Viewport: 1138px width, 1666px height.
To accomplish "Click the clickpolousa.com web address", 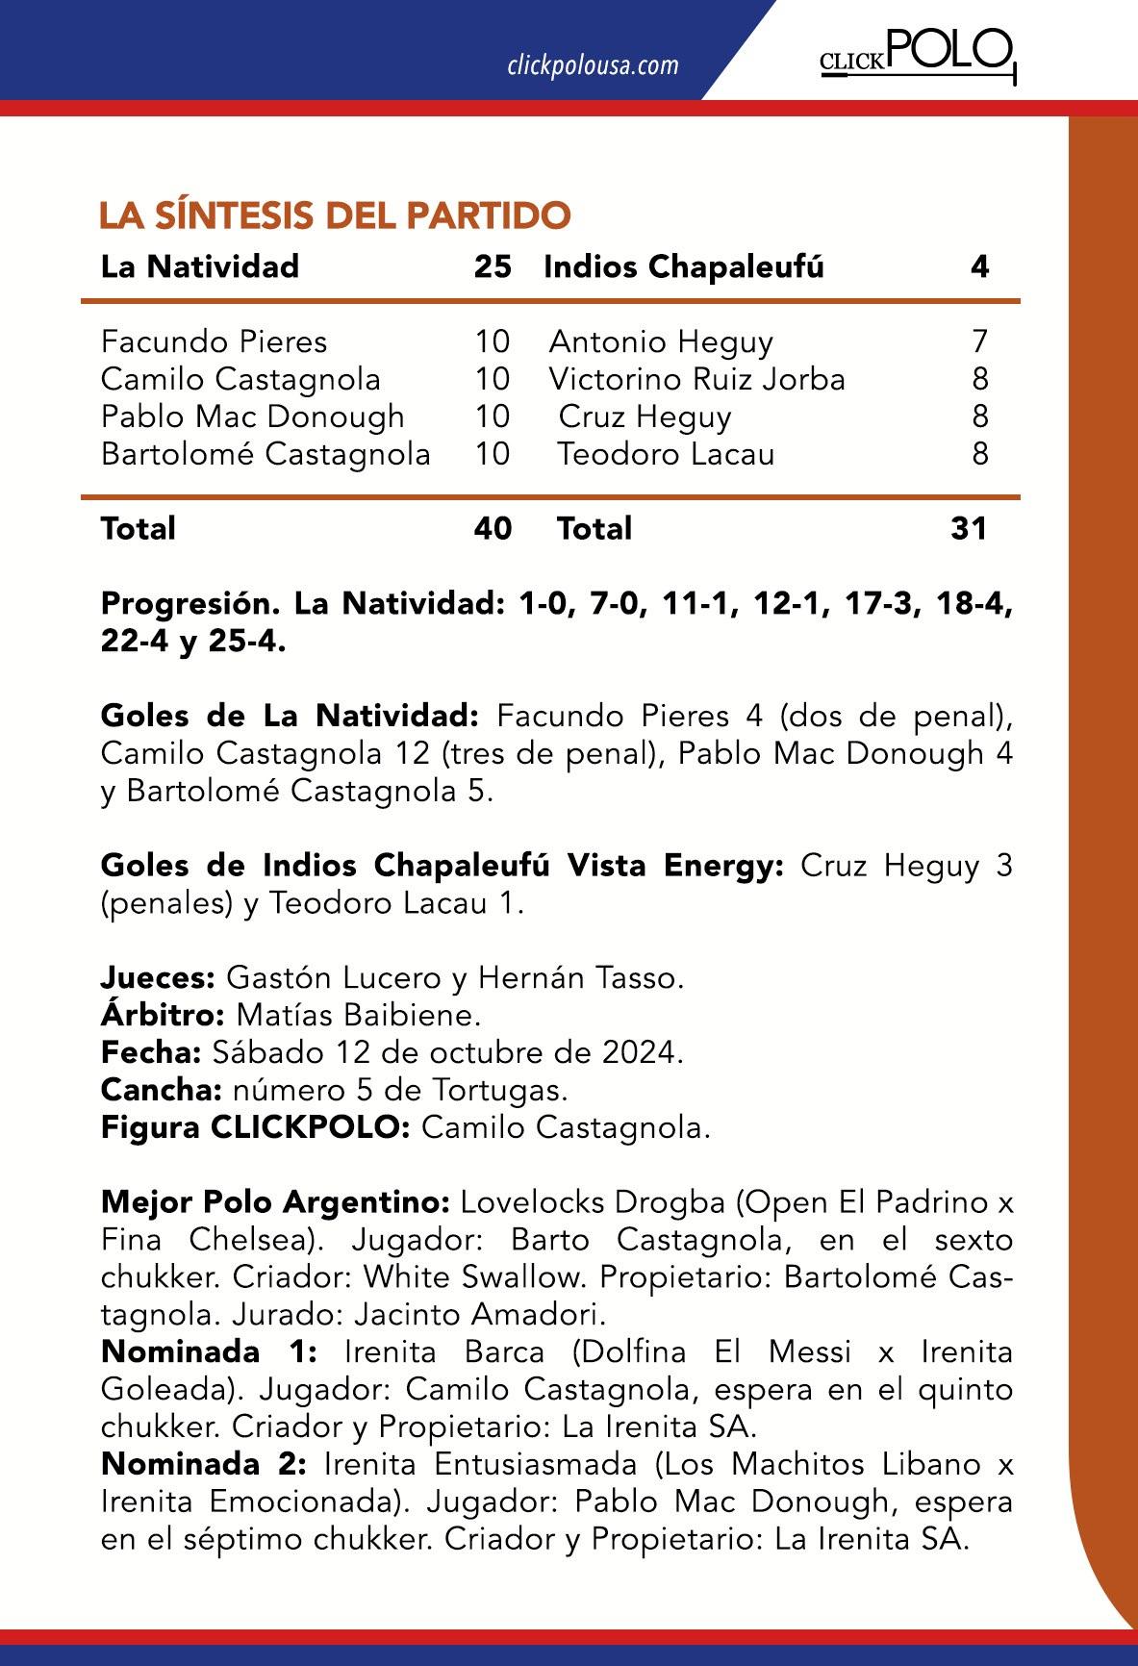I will tap(592, 65).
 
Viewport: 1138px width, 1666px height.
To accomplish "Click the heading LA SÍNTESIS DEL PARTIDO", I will tap(335, 215).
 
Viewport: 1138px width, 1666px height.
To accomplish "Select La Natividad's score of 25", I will tap(493, 266).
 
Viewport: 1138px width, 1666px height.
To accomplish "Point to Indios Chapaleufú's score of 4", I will tap(979, 266).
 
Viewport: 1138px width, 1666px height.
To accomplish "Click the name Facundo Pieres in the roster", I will tap(214, 341).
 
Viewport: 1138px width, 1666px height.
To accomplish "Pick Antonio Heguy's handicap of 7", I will tap(979, 341).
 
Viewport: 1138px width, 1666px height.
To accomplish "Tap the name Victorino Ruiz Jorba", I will tap(696, 379).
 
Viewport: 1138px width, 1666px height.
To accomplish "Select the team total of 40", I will tap(493, 528).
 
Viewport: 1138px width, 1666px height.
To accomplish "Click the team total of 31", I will tap(968, 528).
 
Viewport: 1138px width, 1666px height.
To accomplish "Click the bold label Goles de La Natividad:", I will tap(290, 716).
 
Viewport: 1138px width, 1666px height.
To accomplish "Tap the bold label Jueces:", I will tap(158, 977).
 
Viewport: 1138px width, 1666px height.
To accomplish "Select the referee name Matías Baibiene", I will tap(358, 1015).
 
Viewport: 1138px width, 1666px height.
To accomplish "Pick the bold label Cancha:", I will tap(161, 1090).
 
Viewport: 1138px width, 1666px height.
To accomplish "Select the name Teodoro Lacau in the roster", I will tap(666, 454).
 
